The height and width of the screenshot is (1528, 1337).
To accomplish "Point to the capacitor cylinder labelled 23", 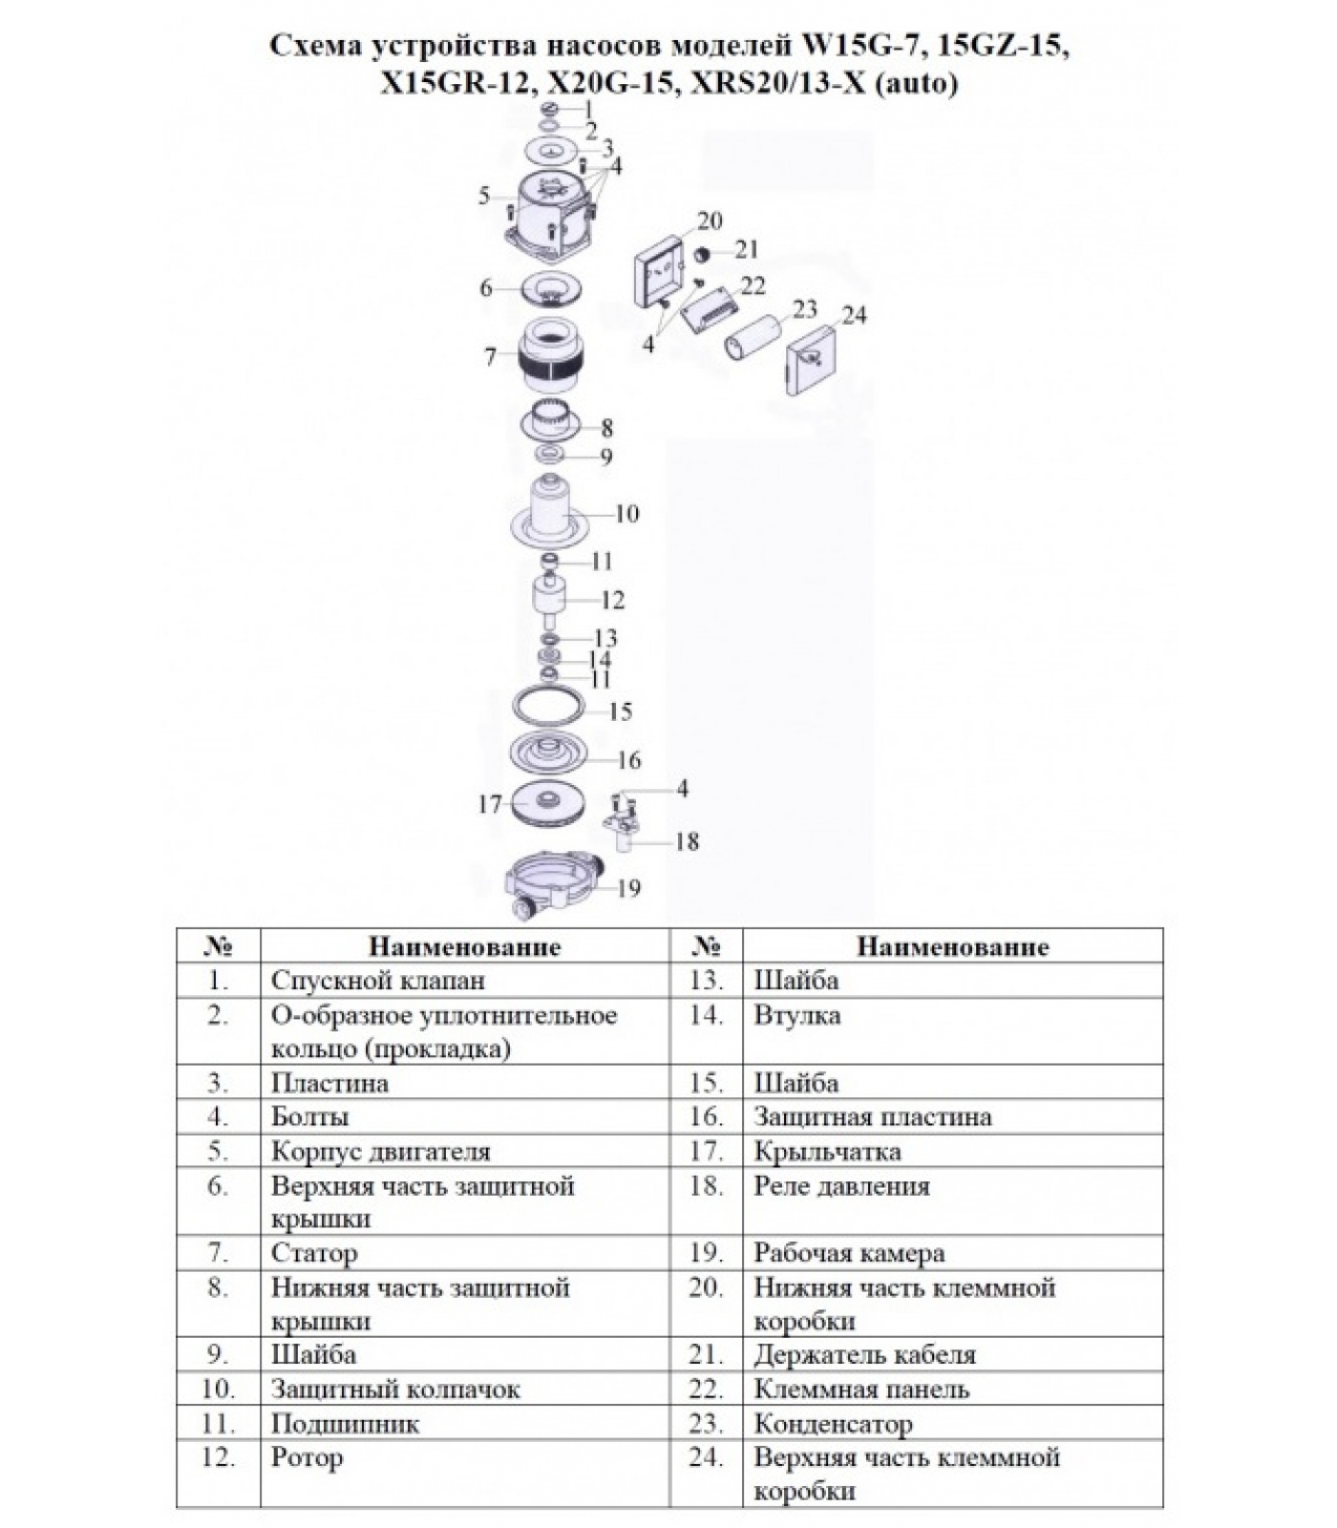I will click(x=754, y=334).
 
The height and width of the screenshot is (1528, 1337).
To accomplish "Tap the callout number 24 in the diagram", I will click(x=854, y=314).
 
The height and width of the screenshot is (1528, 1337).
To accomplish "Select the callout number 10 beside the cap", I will click(x=626, y=514).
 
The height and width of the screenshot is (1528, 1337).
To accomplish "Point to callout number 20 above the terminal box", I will click(x=710, y=222).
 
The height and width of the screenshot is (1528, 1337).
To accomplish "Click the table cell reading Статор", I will click(x=314, y=1253).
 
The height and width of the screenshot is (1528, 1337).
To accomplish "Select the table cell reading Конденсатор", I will click(x=833, y=1424).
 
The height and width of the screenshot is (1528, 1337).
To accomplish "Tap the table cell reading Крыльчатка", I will click(x=827, y=1152).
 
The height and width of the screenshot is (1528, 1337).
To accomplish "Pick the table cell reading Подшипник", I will click(x=345, y=1424).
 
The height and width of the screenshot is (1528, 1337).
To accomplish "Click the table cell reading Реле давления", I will click(x=841, y=1186).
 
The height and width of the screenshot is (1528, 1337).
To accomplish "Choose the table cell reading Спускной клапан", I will click(x=377, y=981).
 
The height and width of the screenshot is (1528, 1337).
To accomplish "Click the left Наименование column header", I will click(x=464, y=946).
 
